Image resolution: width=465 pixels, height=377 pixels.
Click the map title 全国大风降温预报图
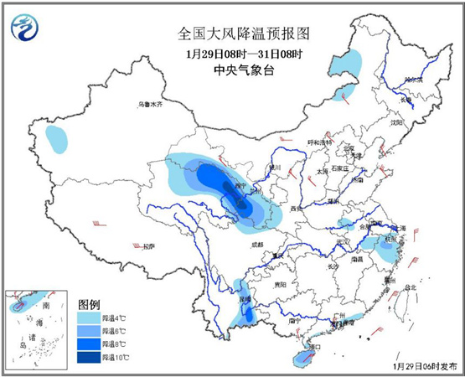tap(232, 34)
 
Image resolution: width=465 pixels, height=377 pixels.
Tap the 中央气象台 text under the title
tap(232, 71)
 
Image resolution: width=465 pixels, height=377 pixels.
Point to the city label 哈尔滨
tap(412, 80)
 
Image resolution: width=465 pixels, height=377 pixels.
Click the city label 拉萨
tap(148, 247)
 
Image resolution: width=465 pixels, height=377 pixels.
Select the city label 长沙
tap(333, 266)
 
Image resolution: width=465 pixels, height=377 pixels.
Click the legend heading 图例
tap(89, 302)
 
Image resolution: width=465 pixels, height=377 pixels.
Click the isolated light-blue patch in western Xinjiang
tap(57, 139)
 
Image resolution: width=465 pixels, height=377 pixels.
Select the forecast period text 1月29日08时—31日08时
tap(232, 54)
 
